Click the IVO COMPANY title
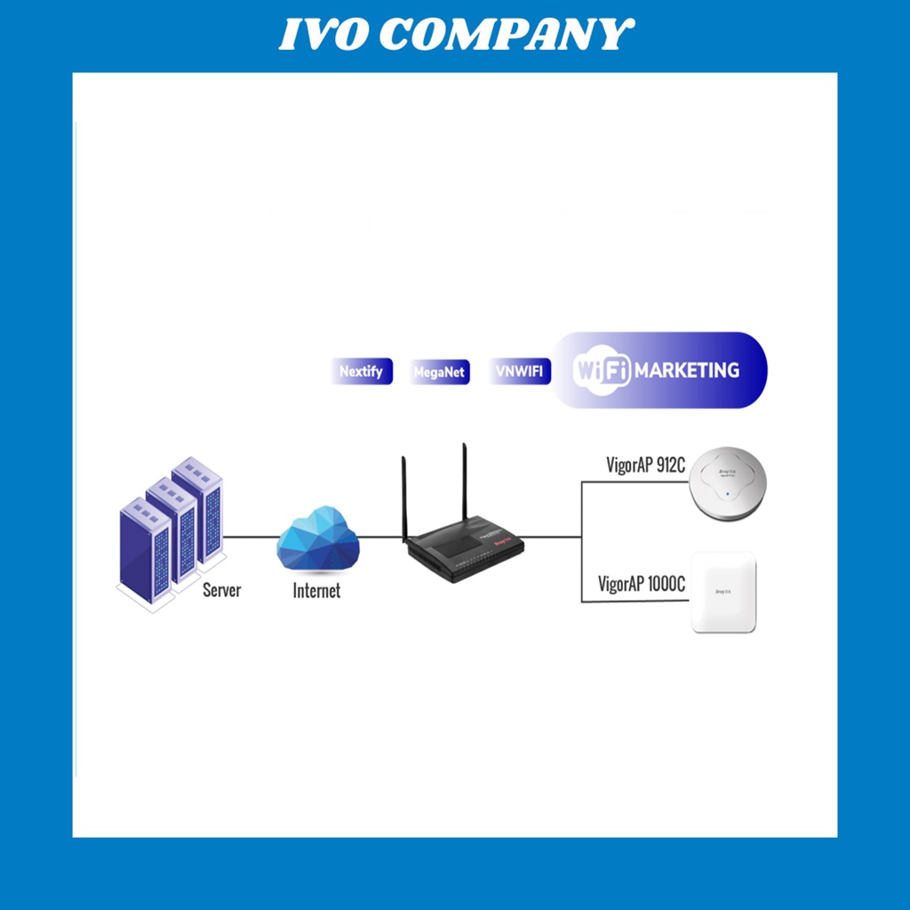pyautogui.click(x=455, y=36)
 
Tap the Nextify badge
pyautogui.click(x=361, y=371)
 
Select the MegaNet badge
pyautogui.click(x=440, y=371)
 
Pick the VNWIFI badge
pyautogui.click(x=520, y=371)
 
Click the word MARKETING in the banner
pyautogui.click(x=687, y=371)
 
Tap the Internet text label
pyautogui.click(x=316, y=590)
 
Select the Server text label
pyautogui.click(x=221, y=589)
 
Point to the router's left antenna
pyautogui.click(x=404, y=498)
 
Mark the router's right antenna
pyautogui.click(x=464, y=484)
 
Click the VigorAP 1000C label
pyautogui.click(x=642, y=584)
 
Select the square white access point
pyautogui.click(x=723, y=592)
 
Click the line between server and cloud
pyautogui.click(x=249, y=537)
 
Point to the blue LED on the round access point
pyautogui.click(x=727, y=494)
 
